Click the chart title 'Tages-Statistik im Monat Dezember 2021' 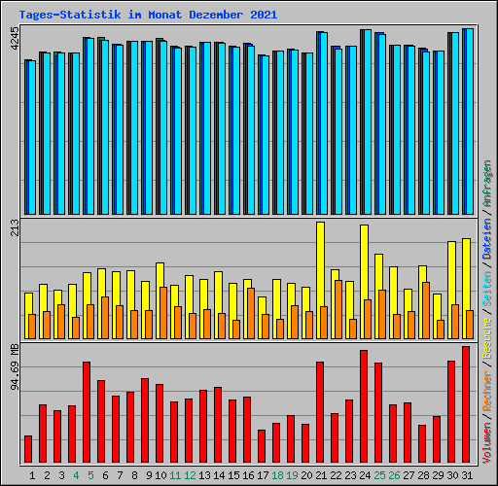click(148, 15)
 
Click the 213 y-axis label click(14, 228)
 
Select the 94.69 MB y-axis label click(14, 368)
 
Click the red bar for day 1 click(28, 449)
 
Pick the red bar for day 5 click(87, 412)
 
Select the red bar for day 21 click(320, 412)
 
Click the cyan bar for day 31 click(469, 121)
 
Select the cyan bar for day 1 click(31, 137)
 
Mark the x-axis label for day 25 click(379, 475)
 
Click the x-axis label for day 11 click(175, 475)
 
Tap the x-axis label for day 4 click(76, 475)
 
